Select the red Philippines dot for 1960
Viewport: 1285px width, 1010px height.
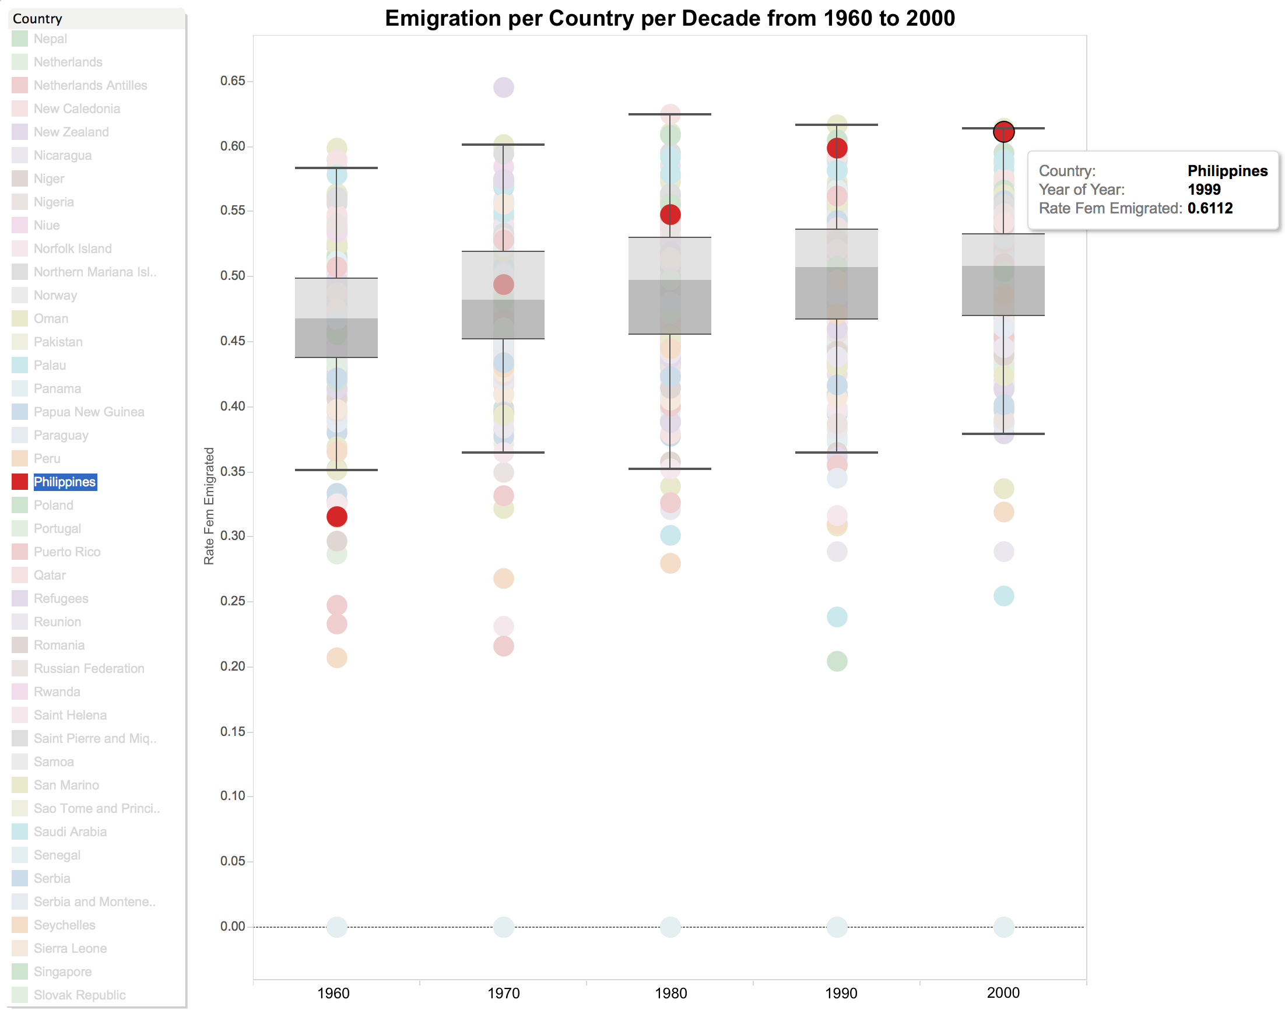coord(337,517)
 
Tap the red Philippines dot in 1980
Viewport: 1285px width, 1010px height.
coord(670,214)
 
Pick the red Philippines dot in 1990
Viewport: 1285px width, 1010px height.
coord(837,148)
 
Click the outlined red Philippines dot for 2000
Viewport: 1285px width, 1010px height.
coord(1003,132)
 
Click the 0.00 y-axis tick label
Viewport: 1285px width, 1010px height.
coord(232,926)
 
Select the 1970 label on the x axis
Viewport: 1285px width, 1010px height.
coord(504,994)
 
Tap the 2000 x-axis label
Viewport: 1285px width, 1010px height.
coord(1003,993)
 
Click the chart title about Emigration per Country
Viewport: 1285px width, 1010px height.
coord(670,18)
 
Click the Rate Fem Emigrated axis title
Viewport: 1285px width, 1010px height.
coord(209,506)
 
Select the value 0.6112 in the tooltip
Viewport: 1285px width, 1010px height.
coord(1210,208)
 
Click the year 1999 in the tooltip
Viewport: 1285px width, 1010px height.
coord(1204,190)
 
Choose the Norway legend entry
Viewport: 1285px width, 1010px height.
coord(55,295)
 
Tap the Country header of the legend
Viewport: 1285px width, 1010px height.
coord(37,19)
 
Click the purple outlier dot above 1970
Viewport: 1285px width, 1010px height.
coord(504,87)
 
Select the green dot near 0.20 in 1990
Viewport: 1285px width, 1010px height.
coord(837,661)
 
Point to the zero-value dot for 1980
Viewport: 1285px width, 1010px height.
coord(670,927)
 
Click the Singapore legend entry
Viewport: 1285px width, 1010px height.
coord(62,972)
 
